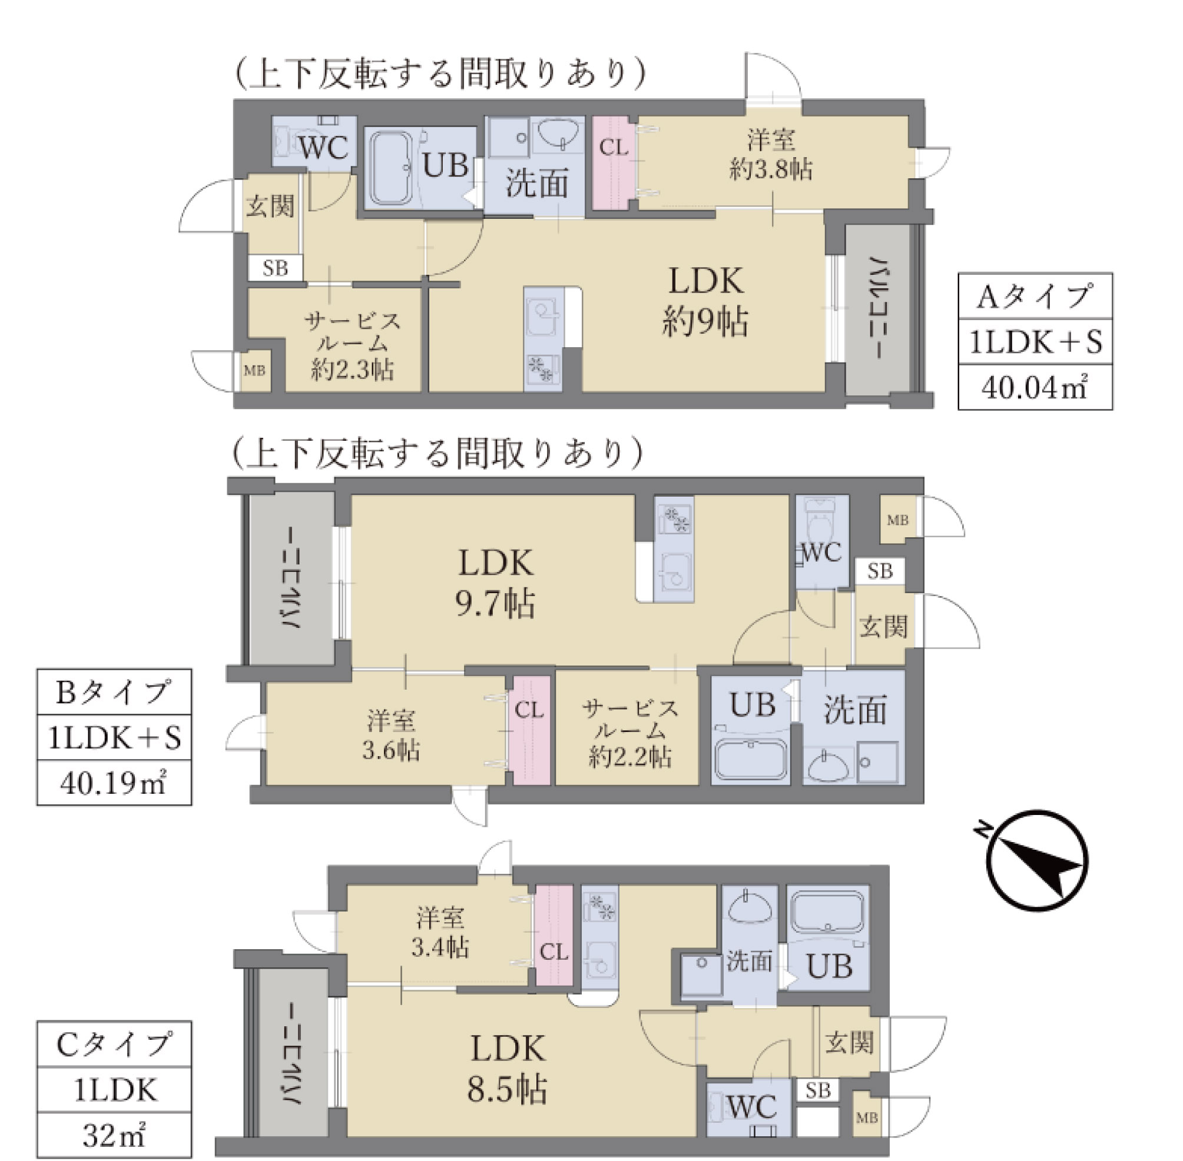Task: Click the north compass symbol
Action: pos(1037,860)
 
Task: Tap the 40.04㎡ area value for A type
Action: pos(1035,387)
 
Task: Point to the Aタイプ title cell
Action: pos(1035,297)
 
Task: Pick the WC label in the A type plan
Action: pos(323,147)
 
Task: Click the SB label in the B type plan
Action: pos(880,571)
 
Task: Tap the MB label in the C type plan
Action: pos(866,1117)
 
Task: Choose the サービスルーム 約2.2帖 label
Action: pos(629,733)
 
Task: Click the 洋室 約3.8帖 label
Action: pos(771,155)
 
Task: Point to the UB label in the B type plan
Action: pos(753,705)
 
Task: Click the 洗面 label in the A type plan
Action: pos(537,183)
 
